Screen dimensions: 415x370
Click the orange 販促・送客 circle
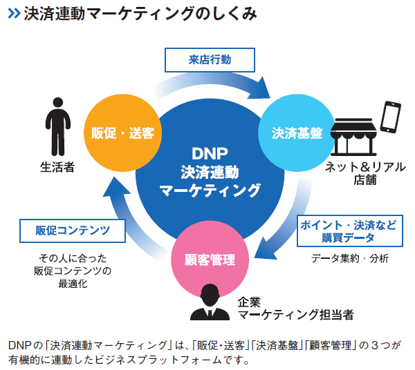(122, 133)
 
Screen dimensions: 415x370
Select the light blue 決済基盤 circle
(297, 133)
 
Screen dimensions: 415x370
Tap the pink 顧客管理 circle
(210, 260)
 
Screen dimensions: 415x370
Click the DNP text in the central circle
(210, 153)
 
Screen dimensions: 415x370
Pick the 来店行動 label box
(210, 60)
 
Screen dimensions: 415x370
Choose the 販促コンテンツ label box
(73, 231)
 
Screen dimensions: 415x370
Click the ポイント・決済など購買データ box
(350, 231)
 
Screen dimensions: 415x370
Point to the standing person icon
(58, 127)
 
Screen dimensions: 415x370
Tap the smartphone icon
(390, 117)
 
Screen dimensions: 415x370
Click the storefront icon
(353, 137)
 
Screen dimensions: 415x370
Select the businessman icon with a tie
(210, 302)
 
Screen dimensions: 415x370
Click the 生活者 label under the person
(57, 167)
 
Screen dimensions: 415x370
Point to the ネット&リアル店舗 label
(365, 173)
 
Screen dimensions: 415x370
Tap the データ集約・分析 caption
(350, 258)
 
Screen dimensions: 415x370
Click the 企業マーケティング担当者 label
(295, 309)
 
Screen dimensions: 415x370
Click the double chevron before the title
(14, 14)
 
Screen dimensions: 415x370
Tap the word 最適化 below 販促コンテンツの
(73, 284)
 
